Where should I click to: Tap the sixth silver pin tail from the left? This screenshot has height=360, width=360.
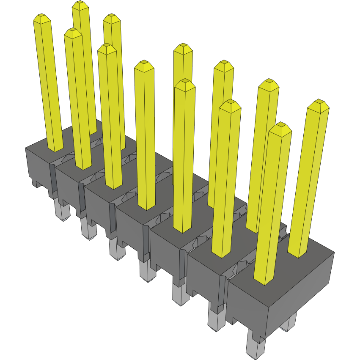(x=216, y=321)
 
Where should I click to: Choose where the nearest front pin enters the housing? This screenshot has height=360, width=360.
(x=264, y=281)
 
